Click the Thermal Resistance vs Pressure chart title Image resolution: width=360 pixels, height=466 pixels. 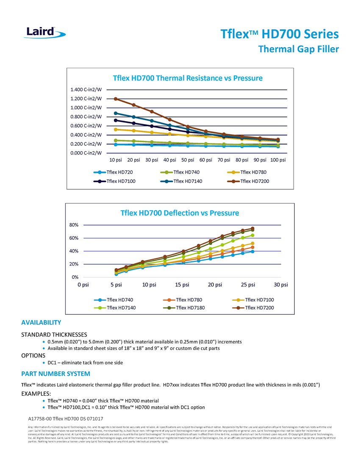188,78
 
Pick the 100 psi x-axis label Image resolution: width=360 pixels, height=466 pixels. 277,160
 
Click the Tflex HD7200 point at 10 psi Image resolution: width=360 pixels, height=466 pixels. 116,99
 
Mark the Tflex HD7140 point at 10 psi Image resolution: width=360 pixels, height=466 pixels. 116,113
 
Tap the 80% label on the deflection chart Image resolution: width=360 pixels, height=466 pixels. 75,225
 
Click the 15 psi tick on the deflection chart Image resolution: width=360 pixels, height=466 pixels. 182,284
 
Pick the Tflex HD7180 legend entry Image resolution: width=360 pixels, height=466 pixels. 184,308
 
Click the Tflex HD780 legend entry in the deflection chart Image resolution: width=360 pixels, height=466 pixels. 184,300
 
